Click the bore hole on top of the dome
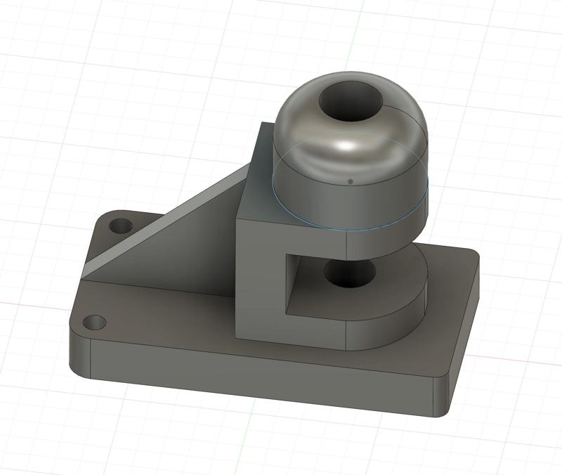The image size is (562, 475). pyautogui.click(x=352, y=100)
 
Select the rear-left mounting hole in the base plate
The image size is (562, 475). pyautogui.click(x=121, y=227)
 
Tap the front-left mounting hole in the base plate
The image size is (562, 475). pyautogui.click(x=94, y=323)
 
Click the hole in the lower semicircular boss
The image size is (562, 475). pyautogui.click(x=349, y=274)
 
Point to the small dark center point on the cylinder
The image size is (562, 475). pyautogui.click(x=350, y=181)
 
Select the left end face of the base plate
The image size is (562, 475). pyautogui.click(x=79, y=355)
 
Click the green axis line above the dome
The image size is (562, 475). pyautogui.click(x=357, y=35)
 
